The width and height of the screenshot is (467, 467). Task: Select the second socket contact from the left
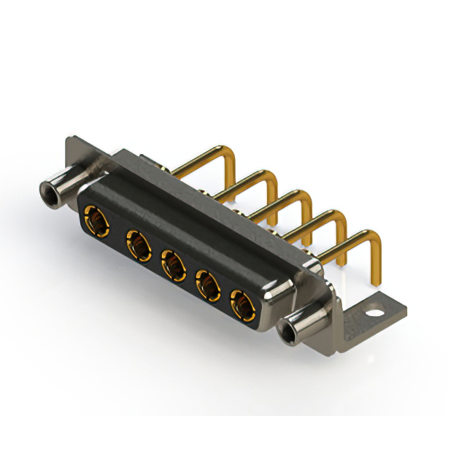click(x=137, y=244)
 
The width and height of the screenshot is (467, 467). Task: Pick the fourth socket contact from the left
click(x=208, y=285)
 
